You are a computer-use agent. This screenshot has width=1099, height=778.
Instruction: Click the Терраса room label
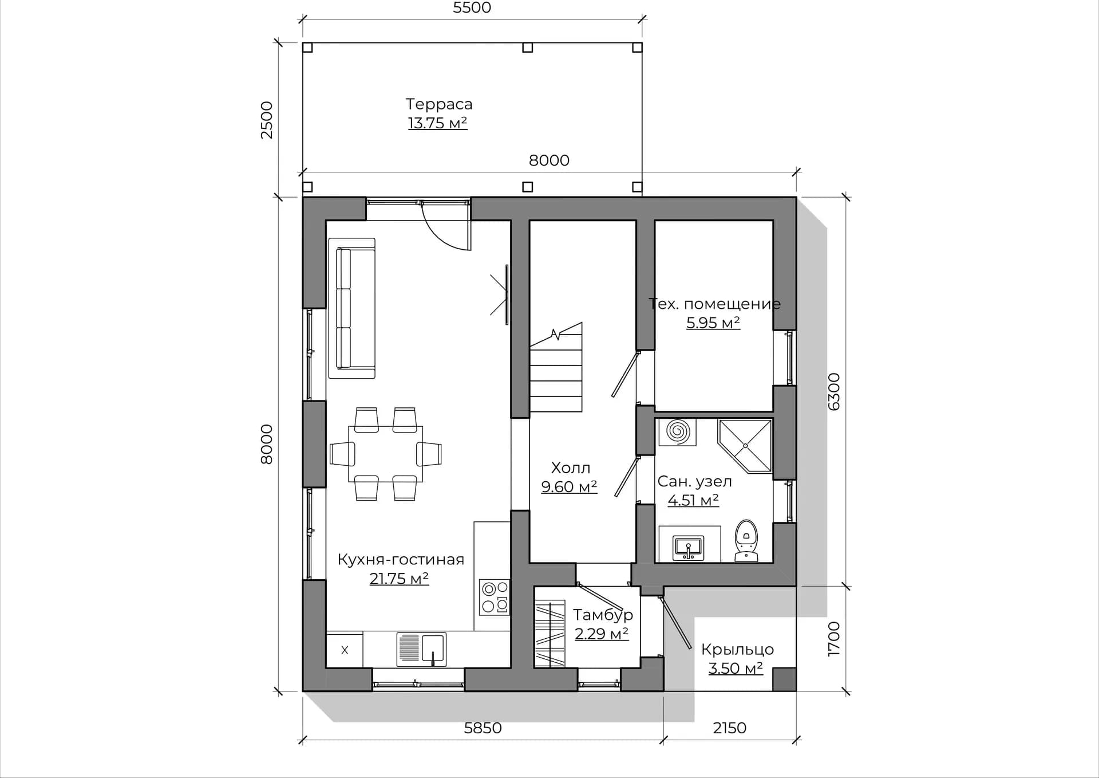[439, 104]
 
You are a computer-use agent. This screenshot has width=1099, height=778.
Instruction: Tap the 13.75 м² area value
[438, 123]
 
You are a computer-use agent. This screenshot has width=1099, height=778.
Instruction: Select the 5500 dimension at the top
[472, 7]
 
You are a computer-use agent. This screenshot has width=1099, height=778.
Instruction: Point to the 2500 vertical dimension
[267, 120]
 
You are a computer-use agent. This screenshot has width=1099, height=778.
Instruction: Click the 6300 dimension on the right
[834, 392]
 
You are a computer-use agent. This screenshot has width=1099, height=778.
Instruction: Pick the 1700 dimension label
[834, 639]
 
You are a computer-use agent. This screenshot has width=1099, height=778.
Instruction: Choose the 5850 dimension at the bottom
[483, 728]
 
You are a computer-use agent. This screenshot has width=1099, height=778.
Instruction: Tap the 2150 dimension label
[729, 728]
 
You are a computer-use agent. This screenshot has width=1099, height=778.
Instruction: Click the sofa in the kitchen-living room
[352, 308]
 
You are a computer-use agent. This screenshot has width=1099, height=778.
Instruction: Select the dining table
[385, 454]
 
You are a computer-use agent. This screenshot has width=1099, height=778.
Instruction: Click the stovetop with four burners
[495, 597]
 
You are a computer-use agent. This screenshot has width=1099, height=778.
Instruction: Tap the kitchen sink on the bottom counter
[421, 650]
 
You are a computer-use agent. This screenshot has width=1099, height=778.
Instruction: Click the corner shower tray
[745, 446]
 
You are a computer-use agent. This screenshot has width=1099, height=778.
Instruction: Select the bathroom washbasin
[689, 548]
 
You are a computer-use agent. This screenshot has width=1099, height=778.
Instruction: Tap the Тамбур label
[603, 615]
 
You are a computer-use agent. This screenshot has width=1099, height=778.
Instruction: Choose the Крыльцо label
[737, 650]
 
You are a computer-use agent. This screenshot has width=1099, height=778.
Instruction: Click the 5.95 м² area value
[713, 323]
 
